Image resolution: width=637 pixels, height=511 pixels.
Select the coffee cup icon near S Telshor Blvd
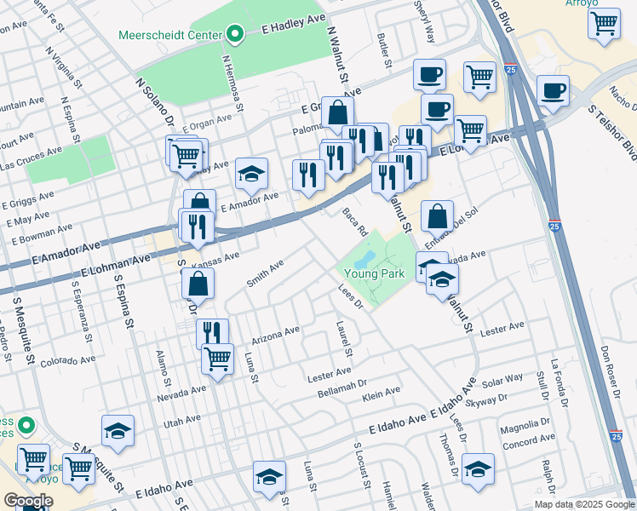(554, 90)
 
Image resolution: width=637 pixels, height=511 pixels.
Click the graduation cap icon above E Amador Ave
(251, 174)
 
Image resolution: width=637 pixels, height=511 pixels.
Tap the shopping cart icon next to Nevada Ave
(218, 358)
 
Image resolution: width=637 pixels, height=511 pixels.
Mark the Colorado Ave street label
(64, 360)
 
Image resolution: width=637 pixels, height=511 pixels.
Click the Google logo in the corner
(28, 501)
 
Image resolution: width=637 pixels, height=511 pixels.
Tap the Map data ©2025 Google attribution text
(583, 504)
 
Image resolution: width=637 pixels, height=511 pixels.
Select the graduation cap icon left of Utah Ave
(118, 431)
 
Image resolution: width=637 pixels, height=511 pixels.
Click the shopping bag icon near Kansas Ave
(198, 283)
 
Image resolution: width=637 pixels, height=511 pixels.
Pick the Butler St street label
(384, 51)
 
